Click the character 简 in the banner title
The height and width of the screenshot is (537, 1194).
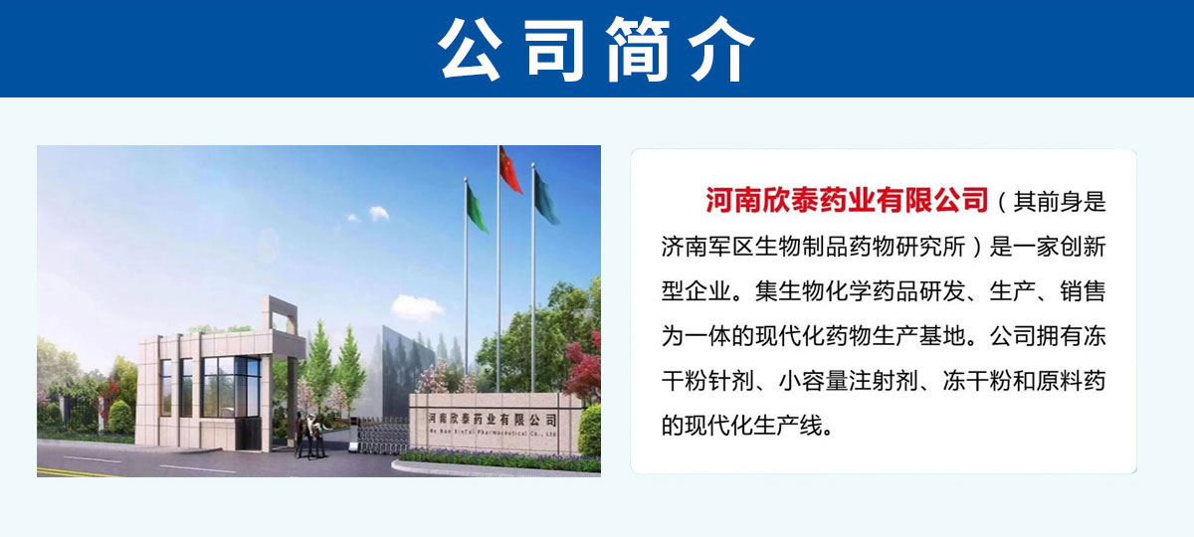(x=639, y=49)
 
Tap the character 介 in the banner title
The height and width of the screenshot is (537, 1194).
(x=721, y=49)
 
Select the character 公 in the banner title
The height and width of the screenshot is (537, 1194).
(x=470, y=49)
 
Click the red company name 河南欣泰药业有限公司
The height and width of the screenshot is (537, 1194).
(x=847, y=200)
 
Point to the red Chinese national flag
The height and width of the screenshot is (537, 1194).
(x=509, y=170)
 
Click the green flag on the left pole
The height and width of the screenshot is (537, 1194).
(x=477, y=208)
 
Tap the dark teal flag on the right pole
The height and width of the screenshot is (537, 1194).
(x=546, y=197)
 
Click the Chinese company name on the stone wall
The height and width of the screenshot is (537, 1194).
(x=494, y=420)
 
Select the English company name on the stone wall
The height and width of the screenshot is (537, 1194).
(x=492, y=432)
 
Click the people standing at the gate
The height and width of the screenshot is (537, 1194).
(x=310, y=436)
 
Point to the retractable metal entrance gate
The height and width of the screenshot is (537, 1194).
(x=382, y=436)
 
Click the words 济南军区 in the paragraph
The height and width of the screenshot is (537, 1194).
(x=707, y=247)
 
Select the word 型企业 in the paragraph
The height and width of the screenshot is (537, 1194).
(x=696, y=291)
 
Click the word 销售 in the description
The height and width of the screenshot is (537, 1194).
(x=1083, y=291)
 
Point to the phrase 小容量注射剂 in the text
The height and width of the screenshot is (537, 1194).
(x=848, y=381)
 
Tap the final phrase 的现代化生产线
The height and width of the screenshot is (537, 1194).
(x=743, y=426)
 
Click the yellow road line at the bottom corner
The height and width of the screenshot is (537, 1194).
(x=75, y=472)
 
